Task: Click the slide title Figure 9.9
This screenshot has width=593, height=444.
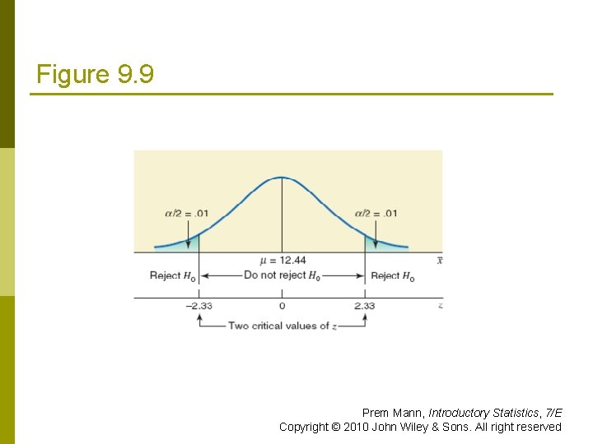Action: pos(95,75)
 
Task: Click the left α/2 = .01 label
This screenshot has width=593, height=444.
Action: pos(187,214)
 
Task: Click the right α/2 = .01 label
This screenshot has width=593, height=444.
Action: pos(376,214)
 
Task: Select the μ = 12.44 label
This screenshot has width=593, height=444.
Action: pos(282,261)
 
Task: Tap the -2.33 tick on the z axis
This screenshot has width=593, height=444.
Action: pos(199,306)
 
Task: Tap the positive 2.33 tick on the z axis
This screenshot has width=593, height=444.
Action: pos(365,306)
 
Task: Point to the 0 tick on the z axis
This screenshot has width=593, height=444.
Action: pos(282,306)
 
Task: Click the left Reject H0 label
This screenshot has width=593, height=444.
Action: pos(173,276)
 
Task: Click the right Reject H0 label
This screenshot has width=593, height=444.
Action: pos(393,276)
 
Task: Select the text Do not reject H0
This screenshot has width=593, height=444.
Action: pos(282,275)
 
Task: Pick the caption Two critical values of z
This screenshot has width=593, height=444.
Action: pos(282,326)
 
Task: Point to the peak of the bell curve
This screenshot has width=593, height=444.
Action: pos(282,177)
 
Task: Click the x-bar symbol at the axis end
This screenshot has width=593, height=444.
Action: pos(440,261)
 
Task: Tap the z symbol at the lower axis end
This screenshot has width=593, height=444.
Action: pos(441,306)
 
